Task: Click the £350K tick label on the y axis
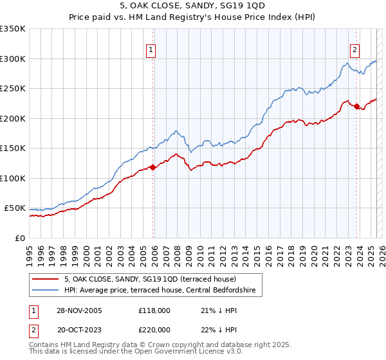pyautogui.click(x=12, y=29)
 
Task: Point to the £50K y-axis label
pyautogui.click(x=15, y=208)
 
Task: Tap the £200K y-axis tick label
pyautogui.click(x=12, y=118)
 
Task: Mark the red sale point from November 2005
pyautogui.click(x=153, y=168)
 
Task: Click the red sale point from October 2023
pyautogui.click(x=356, y=107)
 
